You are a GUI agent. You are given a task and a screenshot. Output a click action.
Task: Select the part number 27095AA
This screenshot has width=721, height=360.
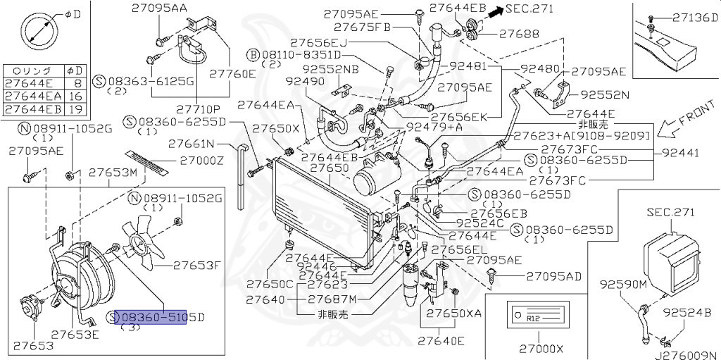[x=159, y=8]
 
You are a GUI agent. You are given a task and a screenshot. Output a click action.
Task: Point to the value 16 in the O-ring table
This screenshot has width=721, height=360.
[x=75, y=96]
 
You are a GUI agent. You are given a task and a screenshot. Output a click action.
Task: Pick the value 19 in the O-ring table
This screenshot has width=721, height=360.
[x=75, y=108]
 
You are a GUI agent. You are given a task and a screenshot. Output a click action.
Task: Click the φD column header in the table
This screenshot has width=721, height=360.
[x=75, y=70]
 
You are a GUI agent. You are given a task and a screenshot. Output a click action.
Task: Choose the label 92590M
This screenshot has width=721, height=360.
[x=623, y=285]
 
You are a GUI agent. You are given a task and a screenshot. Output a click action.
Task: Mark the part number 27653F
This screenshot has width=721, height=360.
[x=198, y=266]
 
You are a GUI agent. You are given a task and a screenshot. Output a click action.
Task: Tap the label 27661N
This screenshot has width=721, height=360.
[x=191, y=144]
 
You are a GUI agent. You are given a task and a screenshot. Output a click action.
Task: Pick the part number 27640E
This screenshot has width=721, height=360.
[x=441, y=342]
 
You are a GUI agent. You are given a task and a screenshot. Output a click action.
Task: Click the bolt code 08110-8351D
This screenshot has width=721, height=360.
[x=299, y=54]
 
